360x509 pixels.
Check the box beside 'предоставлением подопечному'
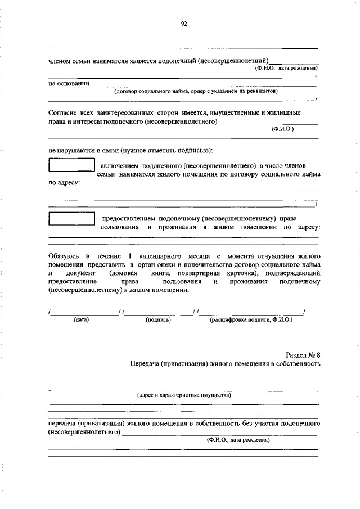(x=71, y=218)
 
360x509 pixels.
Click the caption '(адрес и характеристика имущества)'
(x=184, y=395)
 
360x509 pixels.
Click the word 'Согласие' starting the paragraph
(x=64, y=112)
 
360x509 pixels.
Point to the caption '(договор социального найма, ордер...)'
(x=196, y=91)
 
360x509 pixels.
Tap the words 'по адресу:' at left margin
(x=64, y=183)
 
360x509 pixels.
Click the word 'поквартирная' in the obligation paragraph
(x=201, y=273)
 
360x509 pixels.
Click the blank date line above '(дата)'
(x=84, y=312)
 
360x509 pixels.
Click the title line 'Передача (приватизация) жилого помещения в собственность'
(x=224, y=364)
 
